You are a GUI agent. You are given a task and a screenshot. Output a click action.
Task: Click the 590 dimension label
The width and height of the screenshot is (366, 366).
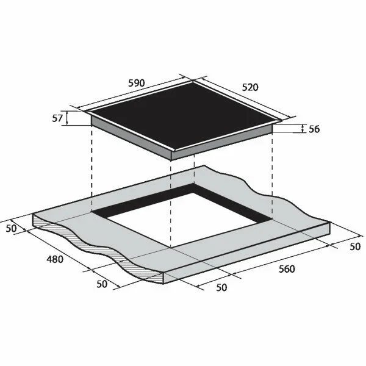click(x=137, y=83)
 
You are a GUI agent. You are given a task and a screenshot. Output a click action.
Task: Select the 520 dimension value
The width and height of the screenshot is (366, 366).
click(x=250, y=87)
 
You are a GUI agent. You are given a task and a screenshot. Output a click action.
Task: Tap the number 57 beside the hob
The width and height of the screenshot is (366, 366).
click(x=57, y=118)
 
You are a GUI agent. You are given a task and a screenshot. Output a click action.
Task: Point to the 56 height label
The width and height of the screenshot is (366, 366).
click(x=314, y=129)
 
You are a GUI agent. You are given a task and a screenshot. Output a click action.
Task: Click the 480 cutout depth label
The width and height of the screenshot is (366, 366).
click(x=55, y=259)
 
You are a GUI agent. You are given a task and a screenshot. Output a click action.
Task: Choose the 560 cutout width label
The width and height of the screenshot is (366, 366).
click(x=287, y=269)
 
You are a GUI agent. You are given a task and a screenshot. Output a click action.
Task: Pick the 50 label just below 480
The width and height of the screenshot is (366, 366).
click(x=102, y=284)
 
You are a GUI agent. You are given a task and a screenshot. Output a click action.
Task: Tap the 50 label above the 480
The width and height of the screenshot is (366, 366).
click(x=11, y=228)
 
